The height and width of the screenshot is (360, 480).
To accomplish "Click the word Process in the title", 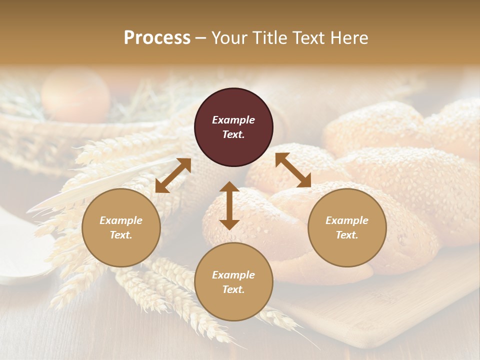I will pos(157,38).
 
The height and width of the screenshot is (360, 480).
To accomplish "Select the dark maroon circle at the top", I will pos(233,127).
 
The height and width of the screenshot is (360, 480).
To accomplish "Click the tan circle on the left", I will pos(121,227).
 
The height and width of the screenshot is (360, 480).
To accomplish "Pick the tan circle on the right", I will pos(347,227).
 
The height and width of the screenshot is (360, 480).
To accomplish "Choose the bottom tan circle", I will pos(233,281).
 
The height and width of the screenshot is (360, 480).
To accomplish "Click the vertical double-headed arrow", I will pos(229,205).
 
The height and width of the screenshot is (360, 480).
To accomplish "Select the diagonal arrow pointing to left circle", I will pos(173,175).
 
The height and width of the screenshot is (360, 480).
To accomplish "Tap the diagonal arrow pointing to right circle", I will pos(293,170).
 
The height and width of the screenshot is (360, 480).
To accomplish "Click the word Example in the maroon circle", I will pos(233,120).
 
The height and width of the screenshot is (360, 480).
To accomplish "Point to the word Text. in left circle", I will pos(121,235).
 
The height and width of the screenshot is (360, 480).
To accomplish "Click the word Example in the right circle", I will pos(347,220).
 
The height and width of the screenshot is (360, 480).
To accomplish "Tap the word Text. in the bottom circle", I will pos(233,289).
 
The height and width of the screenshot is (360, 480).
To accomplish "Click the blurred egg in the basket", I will pos(75,95).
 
